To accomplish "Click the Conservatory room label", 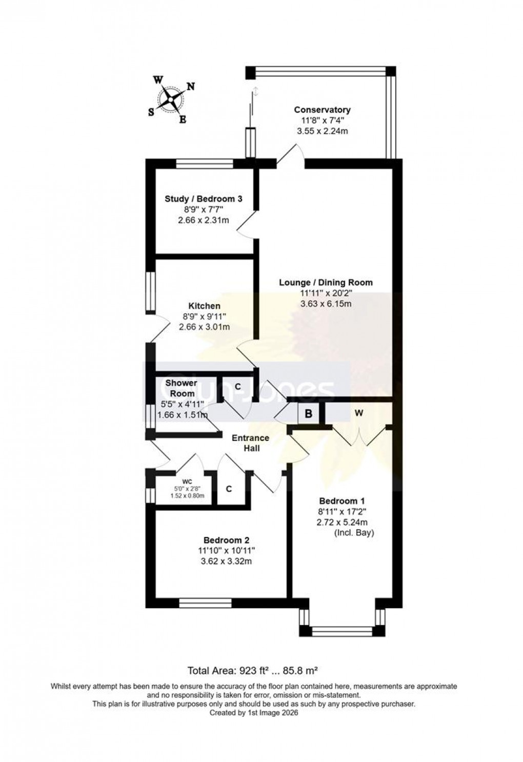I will tap(322, 110).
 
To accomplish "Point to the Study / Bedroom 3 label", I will tap(203, 199).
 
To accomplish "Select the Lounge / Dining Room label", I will tap(326, 282).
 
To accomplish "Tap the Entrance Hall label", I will tap(251, 443).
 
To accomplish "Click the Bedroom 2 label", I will tap(226, 540).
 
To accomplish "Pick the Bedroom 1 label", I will tap(342, 501).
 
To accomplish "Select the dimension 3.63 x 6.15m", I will tap(326, 304).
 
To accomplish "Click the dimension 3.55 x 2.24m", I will tap(322, 131).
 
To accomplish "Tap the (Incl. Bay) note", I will tap(354, 533).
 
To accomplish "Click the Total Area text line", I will tap(253, 670).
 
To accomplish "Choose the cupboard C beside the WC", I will tap(229, 489).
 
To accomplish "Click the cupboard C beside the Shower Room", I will tap(237, 386).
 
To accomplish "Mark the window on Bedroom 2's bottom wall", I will tap(205, 603).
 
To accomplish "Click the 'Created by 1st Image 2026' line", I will tap(253, 712).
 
